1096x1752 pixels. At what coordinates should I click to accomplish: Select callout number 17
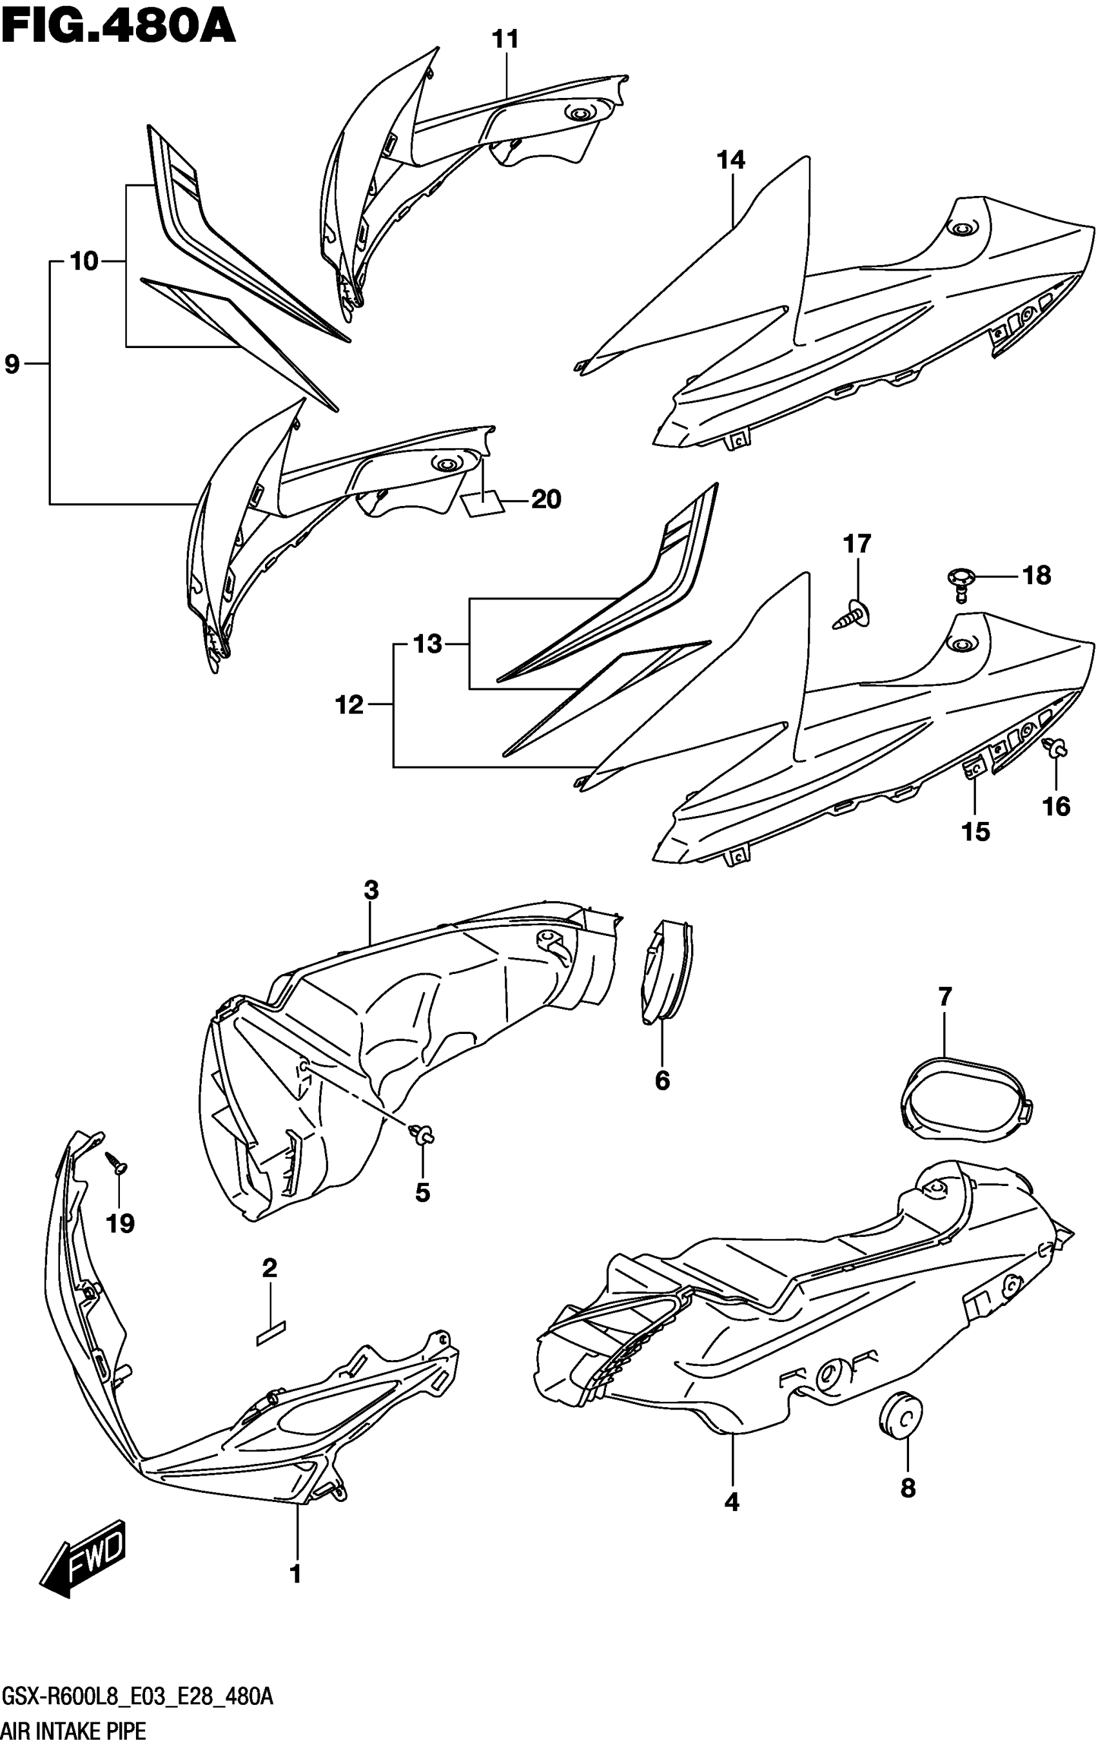(857, 543)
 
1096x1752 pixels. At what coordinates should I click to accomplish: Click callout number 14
(730, 160)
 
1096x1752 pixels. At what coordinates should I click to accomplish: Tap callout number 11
(505, 39)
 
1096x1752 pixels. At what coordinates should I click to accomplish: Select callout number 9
(12, 363)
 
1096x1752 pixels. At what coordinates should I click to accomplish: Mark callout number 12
(349, 705)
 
